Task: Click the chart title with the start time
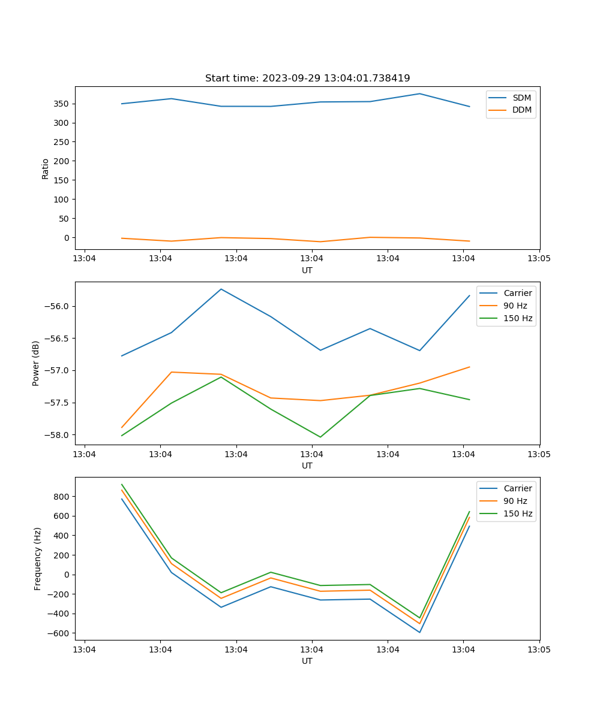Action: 307,78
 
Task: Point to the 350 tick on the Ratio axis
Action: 62,104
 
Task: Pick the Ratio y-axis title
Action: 46,168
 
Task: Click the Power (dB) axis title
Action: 36,363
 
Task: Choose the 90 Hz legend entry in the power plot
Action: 515,306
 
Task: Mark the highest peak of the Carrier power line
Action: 221,289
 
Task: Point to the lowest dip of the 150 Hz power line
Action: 320,437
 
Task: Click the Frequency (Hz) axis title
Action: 38,558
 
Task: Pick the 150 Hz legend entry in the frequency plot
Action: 518,513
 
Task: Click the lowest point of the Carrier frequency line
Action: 419,632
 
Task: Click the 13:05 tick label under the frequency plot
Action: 539,649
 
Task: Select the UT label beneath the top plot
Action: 307,270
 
